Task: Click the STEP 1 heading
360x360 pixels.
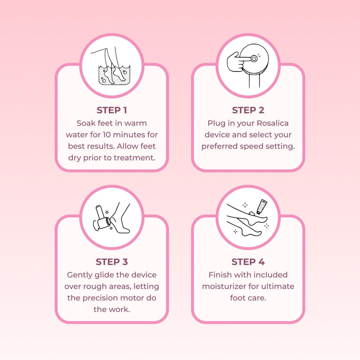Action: [x=112, y=110]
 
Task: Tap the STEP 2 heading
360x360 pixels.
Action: [x=248, y=110]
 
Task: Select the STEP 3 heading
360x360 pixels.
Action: [x=112, y=262]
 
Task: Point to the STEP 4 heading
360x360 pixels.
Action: [x=248, y=262]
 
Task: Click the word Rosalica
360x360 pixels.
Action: [x=273, y=123]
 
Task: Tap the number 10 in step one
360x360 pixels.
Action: [x=107, y=135]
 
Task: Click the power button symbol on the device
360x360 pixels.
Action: [x=254, y=59]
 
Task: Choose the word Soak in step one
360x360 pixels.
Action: [x=86, y=123]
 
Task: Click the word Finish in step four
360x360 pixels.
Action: [x=220, y=275]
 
